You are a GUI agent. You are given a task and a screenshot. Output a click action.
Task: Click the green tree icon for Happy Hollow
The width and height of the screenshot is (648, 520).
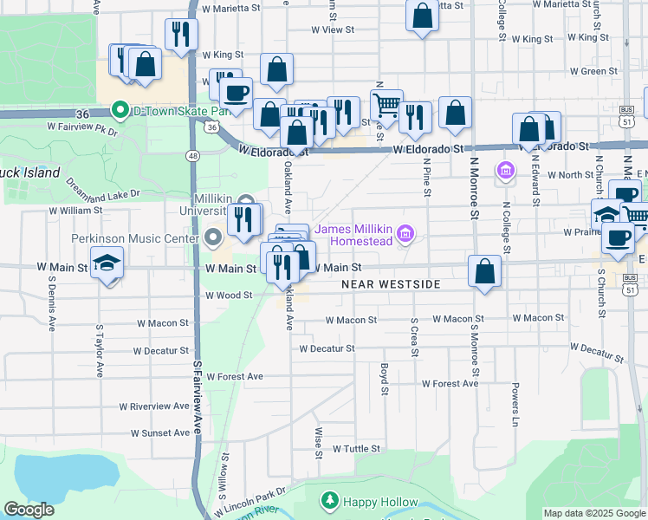pos(329,501)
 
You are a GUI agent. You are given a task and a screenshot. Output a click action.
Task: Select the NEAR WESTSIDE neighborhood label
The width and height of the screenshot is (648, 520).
pos(391,284)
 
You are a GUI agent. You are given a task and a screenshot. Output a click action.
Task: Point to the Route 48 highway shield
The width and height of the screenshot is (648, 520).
pos(191,156)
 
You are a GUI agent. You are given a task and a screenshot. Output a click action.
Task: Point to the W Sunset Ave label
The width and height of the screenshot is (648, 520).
pos(159,432)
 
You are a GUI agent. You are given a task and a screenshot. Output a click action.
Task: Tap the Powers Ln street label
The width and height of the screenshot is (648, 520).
pos(515,405)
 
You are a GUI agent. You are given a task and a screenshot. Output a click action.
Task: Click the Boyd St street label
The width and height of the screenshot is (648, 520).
pos(384,378)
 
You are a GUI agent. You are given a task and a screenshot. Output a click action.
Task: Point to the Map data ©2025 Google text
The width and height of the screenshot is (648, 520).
pos(593,513)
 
